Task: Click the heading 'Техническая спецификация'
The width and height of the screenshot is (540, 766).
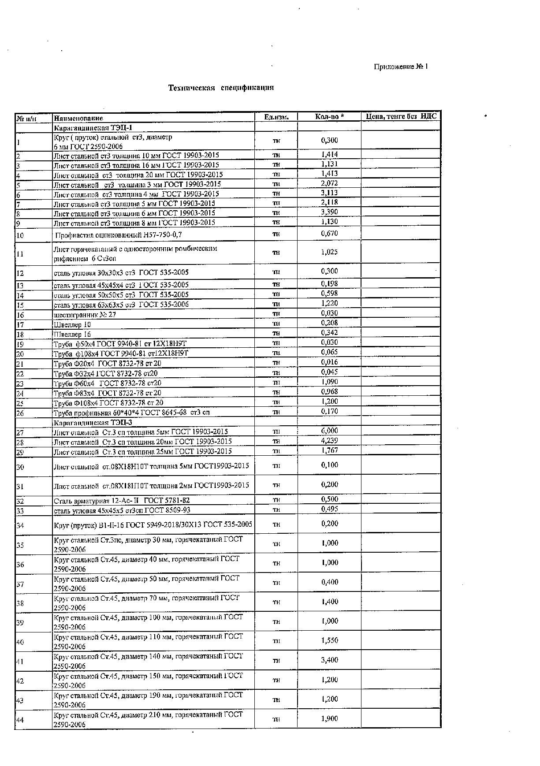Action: [x=221, y=88]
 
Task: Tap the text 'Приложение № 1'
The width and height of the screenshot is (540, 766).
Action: [x=401, y=67]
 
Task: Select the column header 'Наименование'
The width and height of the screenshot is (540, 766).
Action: [x=78, y=118]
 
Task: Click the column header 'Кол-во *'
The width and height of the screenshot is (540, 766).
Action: [x=329, y=117]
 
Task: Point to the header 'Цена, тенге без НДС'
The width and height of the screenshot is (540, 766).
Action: [x=401, y=116]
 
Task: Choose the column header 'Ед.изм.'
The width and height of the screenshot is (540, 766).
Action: [x=276, y=117]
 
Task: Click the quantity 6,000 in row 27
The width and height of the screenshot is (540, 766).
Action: [x=329, y=431]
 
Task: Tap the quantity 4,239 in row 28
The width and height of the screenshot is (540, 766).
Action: [x=329, y=440]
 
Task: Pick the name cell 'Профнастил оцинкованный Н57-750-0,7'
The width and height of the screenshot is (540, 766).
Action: [x=118, y=235]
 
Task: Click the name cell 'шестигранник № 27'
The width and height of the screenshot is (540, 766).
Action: [x=85, y=315]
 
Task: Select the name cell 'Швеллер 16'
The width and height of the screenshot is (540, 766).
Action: [x=72, y=334]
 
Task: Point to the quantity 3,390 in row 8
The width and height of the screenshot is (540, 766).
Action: [x=329, y=212]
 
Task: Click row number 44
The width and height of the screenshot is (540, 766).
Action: [x=20, y=720]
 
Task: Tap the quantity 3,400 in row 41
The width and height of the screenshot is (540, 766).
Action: [x=329, y=660]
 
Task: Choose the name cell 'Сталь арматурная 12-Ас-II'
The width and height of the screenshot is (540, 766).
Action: [x=122, y=500]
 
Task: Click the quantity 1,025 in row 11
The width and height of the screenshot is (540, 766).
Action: [x=329, y=252]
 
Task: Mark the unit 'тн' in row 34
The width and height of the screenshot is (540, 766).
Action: [x=276, y=524]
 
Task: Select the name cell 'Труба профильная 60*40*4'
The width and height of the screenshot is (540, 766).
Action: [x=131, y=413]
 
